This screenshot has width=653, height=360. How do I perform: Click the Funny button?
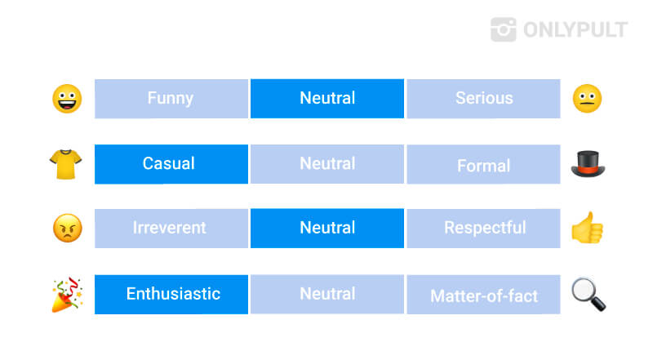click(x=171, y=99)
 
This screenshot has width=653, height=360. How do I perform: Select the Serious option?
click(x=483, y=99)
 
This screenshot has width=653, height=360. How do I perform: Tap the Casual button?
click(x=171, y=164)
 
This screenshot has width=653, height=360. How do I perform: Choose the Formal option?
click(x=483, y=164)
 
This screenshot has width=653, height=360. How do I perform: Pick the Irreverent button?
click(x=171, y=229)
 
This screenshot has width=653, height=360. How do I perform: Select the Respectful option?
click(x=483, y=229)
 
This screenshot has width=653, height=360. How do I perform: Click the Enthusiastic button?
click(x=171, y=294)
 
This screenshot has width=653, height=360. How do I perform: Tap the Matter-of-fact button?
click(x=483, y=294)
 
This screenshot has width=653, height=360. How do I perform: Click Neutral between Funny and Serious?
click(x=327, y=99)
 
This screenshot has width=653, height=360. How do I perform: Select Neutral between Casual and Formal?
click(x=327, y=164)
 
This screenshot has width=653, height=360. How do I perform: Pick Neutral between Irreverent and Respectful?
click(x=327, y=229)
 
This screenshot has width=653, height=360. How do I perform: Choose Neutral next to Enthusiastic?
click(x=327, y=294)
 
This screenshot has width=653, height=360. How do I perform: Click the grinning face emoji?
click(x=67, y=99)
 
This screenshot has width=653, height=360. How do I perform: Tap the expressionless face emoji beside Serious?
click(x=587, y=99)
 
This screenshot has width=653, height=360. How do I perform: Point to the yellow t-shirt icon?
click(x=65, y=164)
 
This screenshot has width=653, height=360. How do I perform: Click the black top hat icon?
click(x=588, y=164)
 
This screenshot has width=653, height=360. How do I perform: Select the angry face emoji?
click(x=68, y=229)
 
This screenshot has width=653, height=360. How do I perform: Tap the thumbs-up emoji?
click(x=587, y=228)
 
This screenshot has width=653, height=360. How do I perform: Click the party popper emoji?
click(x=67, y=295)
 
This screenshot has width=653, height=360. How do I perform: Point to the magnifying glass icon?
click(x=589, y=295)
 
